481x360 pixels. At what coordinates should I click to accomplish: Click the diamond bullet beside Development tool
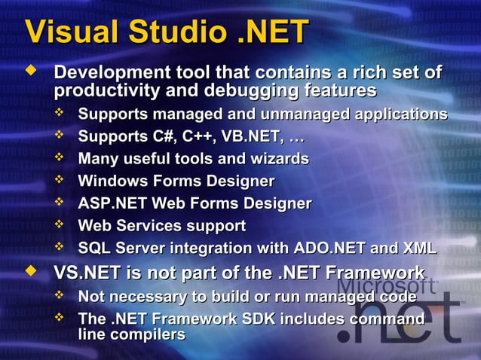pos(31,73)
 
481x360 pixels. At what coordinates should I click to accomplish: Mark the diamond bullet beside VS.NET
pos(31,270)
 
